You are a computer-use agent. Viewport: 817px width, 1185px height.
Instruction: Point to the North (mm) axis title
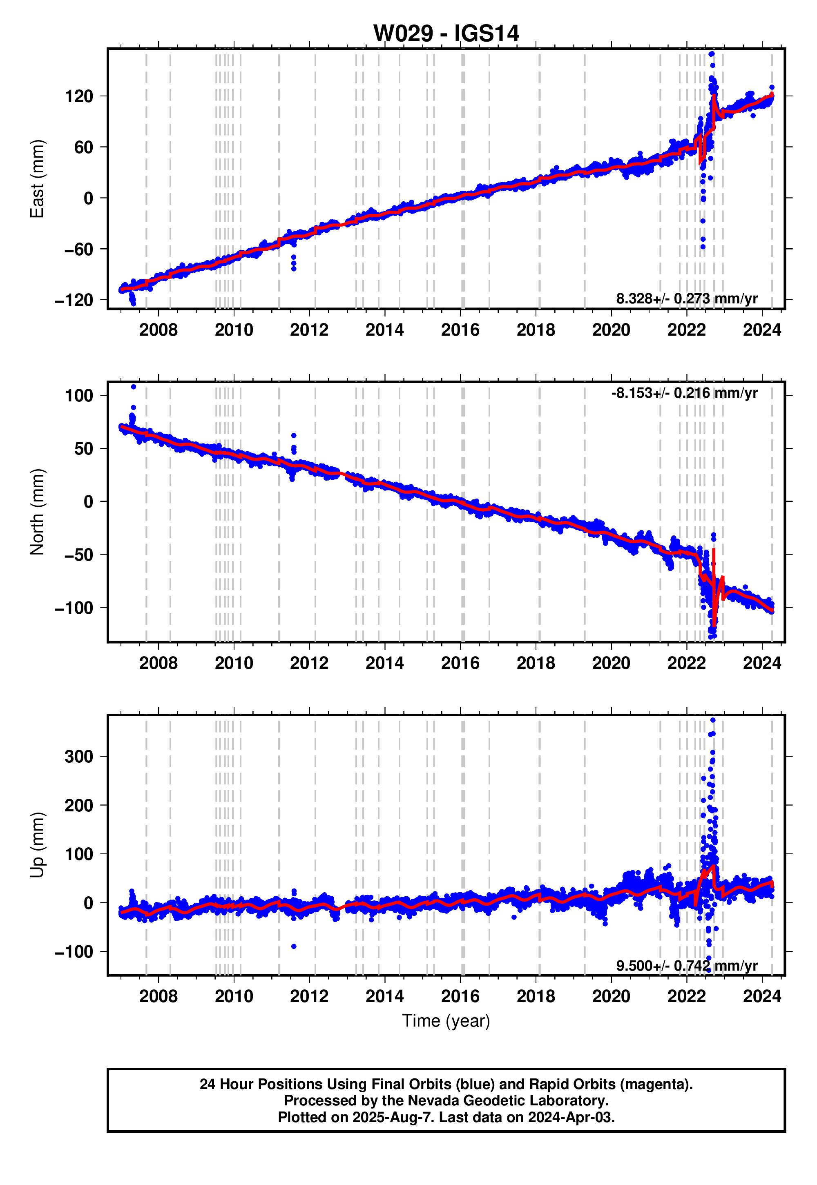point(37,512)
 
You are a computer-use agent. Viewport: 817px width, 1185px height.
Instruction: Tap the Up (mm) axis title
point(37,845)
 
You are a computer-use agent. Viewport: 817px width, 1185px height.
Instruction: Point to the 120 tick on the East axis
point(79,96)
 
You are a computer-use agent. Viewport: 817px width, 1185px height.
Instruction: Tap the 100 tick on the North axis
point(79,396)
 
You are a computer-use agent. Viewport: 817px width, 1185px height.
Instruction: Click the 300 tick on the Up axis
point(79,757)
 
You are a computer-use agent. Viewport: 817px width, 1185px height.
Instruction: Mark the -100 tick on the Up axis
point(75,952)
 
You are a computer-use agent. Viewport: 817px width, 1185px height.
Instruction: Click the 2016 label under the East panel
point(460,330)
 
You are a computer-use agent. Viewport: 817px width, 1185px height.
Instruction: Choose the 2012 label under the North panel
point(309,663)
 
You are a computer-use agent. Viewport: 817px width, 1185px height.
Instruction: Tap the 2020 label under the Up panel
point(611,996)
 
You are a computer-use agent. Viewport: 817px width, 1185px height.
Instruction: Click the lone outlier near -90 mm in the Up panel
point(294,947)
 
